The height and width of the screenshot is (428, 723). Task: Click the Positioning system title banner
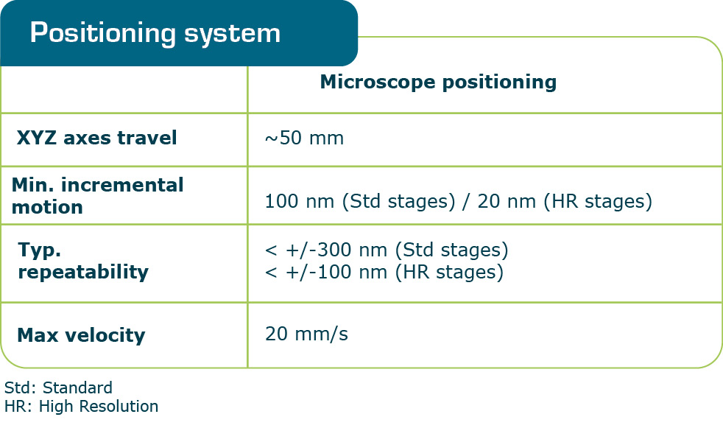pyautogui.click(x=178, y=33)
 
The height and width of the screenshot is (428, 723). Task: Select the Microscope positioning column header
pyautogui.click(x=438, y=82)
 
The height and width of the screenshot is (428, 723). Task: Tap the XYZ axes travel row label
pyautogui.click(x=96, y=138)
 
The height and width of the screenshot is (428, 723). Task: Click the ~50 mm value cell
pyautogui.click(x=304, y=138)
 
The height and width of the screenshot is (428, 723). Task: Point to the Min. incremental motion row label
pyautogui.click(x=97, y=195)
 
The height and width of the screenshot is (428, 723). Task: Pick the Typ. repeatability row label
pyautogui.click(x=82, y=261)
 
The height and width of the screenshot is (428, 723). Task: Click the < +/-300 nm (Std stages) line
pyautogui.click(x=387, y=250)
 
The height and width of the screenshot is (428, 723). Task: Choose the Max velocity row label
pyautogui.click(x=81, y=335)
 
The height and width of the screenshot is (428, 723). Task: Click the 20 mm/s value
pyautogui.click(x=306, y=334)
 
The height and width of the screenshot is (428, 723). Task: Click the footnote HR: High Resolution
pyautogui.click(x=81, y=406)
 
